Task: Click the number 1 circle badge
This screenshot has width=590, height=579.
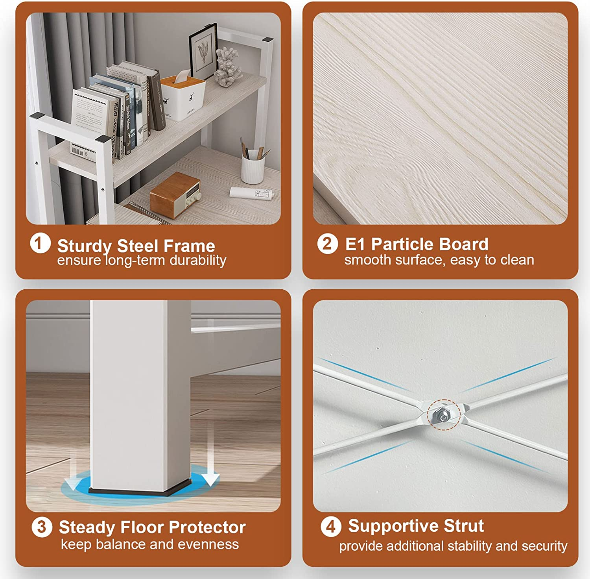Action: pyautogui.click(x=40, y=243)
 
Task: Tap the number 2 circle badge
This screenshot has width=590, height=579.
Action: pyautogui.click(x=328, y=244)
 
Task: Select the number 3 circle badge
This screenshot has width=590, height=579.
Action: pyautogui.click(x=42, y=527)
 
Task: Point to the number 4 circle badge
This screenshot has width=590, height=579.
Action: pyautogui.click(x=330, y=527)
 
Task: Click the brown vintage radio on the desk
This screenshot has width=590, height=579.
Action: pyautogui.click(x=175, y=194)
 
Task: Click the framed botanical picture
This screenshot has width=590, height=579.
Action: pyautogui.click(x=203, y=51)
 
